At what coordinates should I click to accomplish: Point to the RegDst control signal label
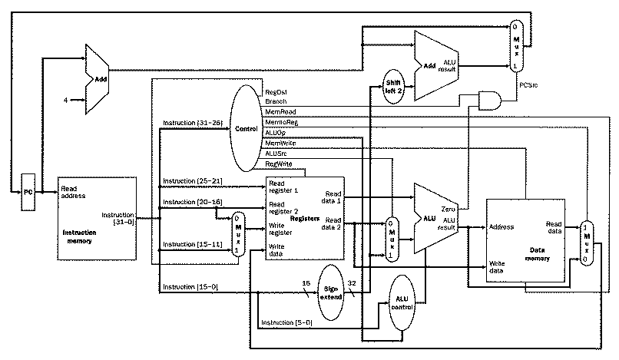276,92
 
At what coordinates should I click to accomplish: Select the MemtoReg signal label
282,122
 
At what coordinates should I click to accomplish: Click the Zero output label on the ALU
449,209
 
